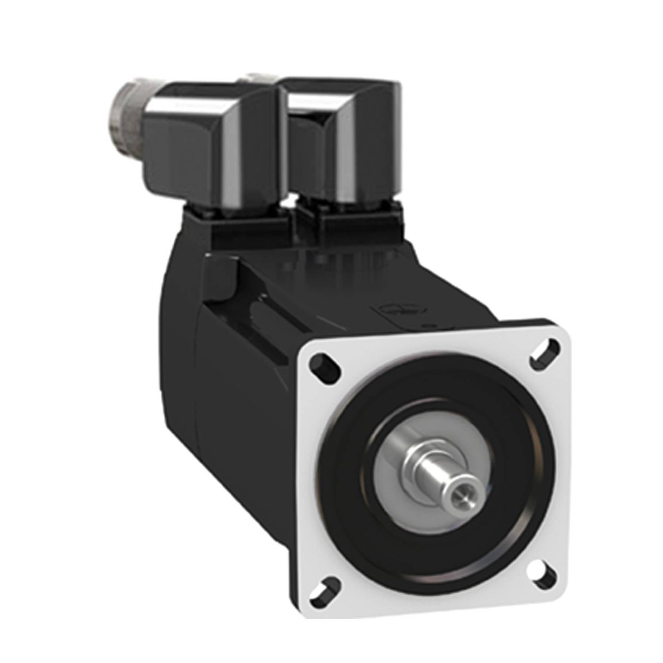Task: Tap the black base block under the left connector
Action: tap(248, 230)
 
